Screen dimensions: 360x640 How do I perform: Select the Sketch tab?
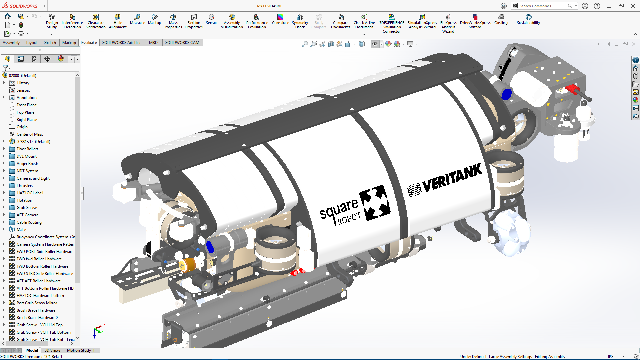click(50, 43)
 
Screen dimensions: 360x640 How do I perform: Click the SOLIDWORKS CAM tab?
click(182, 43)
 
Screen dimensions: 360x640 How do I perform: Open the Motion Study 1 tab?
click(80, 350)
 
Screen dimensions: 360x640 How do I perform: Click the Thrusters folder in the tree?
click(25, 186)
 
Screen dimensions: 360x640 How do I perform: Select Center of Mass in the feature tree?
click(30, 134)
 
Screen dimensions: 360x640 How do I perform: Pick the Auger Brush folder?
click(27, 164)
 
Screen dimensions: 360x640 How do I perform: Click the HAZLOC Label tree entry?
click(29, 193)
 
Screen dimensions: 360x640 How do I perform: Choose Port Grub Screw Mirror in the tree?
click(37, 303)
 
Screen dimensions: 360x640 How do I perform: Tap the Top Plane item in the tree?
click(25, 112)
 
